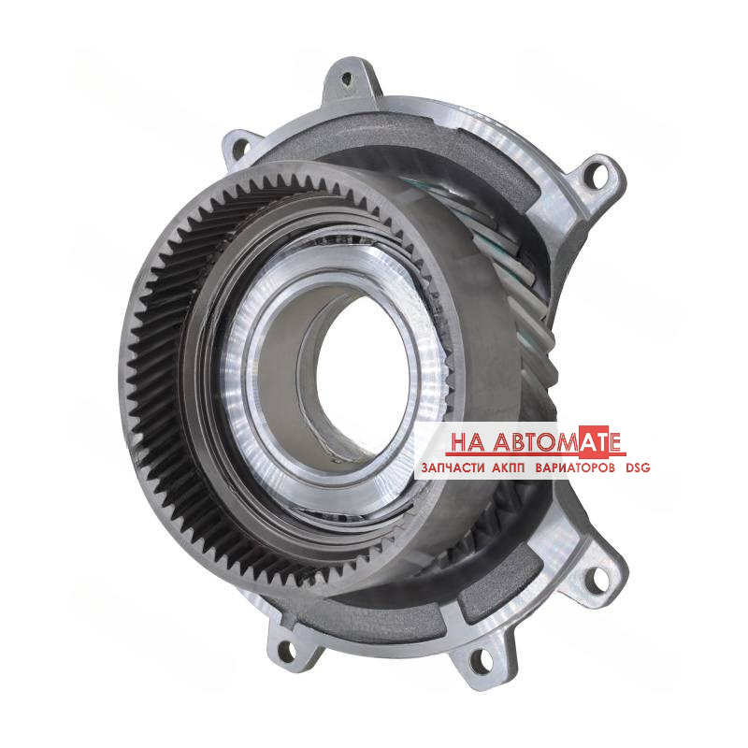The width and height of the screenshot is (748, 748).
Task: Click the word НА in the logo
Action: (x=467, y=442)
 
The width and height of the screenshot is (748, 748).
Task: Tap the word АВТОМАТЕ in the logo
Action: (x=556, y=441)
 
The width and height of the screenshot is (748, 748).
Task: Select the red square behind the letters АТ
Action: (x=594, y=439)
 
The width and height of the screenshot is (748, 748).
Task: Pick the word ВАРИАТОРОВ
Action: (x=575, y=468)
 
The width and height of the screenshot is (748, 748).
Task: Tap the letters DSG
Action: (x=638, y=468)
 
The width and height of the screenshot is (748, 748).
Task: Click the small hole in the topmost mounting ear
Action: (x=347, y=79)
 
